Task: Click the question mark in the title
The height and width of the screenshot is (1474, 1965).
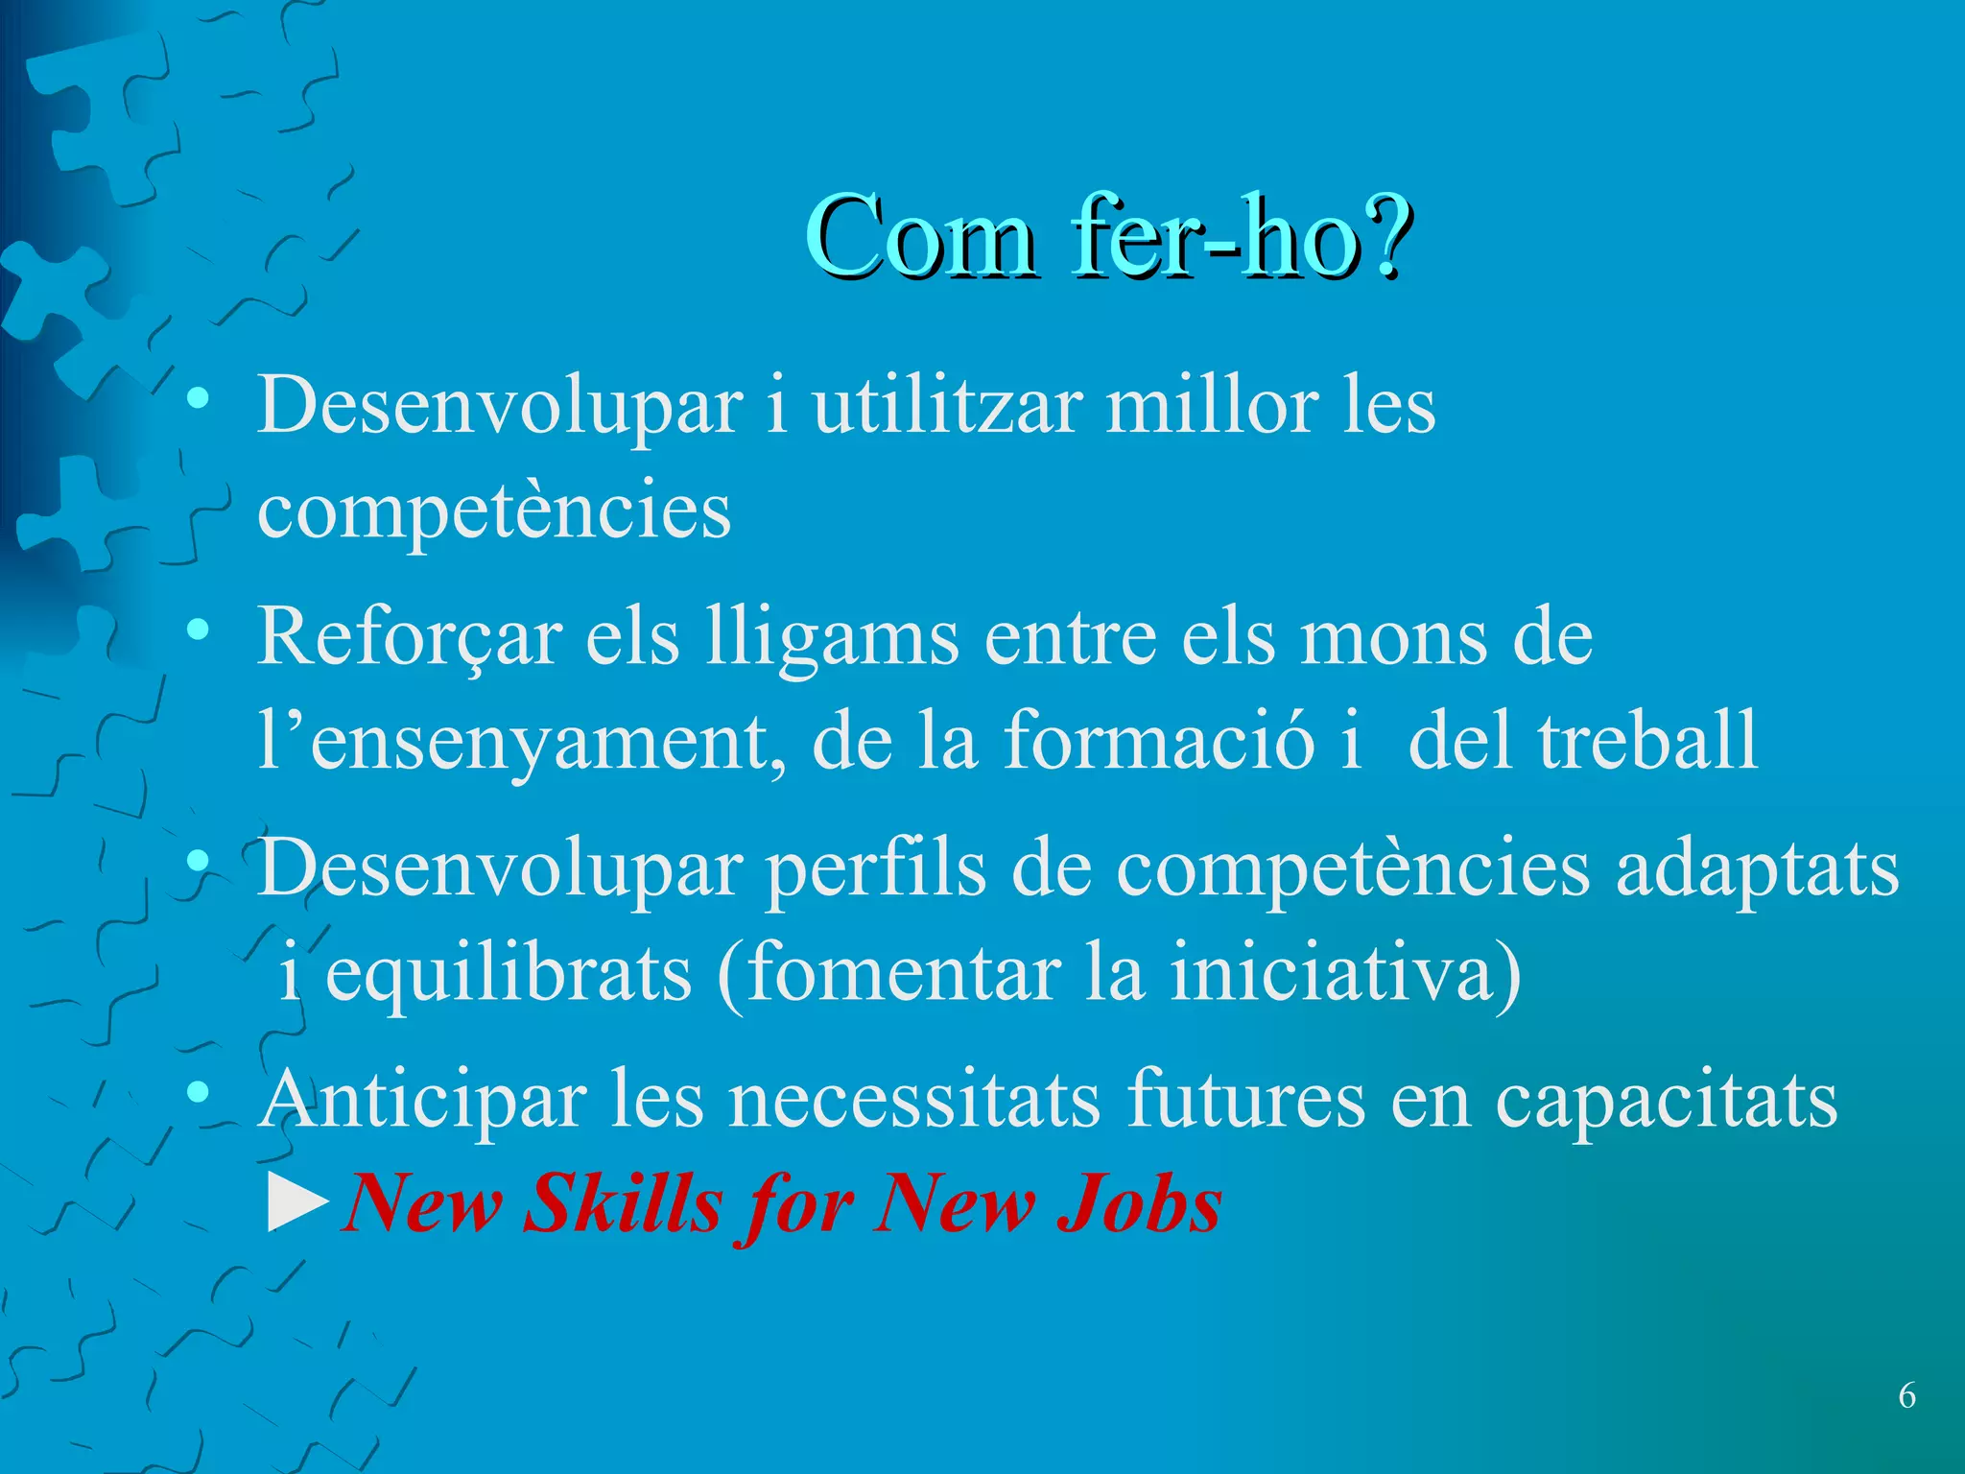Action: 1384,235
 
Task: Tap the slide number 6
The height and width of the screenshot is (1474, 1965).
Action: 1906,1395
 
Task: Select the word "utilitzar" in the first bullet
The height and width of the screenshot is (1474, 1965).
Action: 947,405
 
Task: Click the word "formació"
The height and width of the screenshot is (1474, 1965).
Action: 1159,741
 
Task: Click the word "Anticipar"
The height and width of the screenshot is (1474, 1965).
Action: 423,1100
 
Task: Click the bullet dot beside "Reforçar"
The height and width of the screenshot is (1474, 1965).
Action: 199,630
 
